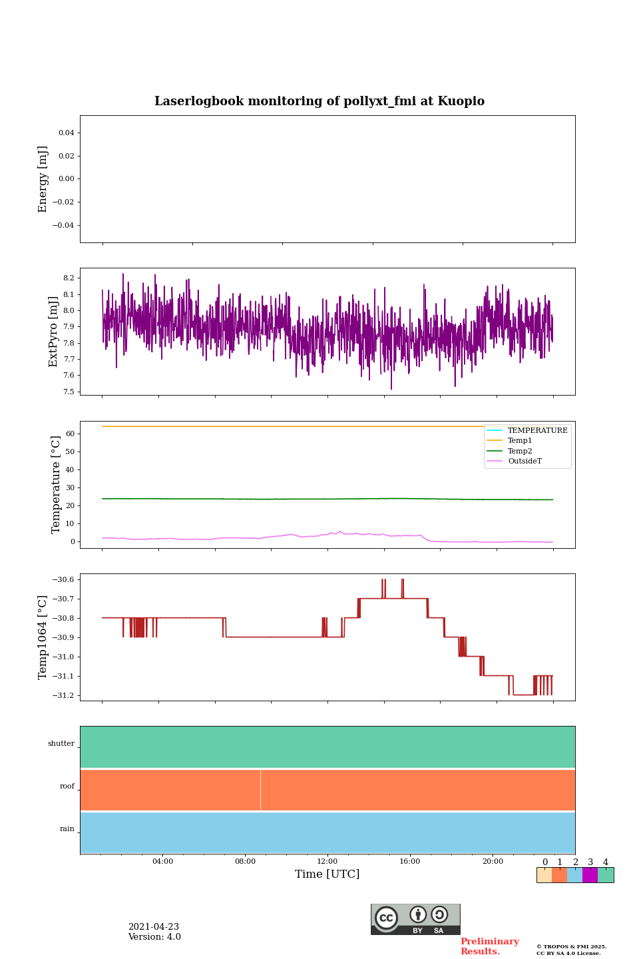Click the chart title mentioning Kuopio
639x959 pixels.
point(319,101)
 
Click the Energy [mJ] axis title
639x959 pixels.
point(43,179)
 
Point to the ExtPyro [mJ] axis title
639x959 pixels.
point(54,332)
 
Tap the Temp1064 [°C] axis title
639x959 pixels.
point(43,637)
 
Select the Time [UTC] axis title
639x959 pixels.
point(327,874)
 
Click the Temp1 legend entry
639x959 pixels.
point(520,441)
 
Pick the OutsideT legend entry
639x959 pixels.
point(525,462)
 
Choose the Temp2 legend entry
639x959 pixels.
point(520,451)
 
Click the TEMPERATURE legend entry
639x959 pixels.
point(537,430)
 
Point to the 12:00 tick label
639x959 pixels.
point(327,861)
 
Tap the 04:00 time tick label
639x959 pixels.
point(162,861)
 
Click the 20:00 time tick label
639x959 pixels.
point(493,861)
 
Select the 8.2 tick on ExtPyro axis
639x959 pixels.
point(67,278)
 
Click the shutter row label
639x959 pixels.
point(61,744)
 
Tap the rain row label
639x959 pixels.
point(67,829)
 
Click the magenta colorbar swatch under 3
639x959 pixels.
point(590,875)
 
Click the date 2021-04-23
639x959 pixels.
point(154,927)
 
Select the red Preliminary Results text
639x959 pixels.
point(489,946)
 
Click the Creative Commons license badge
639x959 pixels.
point(415,919)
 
